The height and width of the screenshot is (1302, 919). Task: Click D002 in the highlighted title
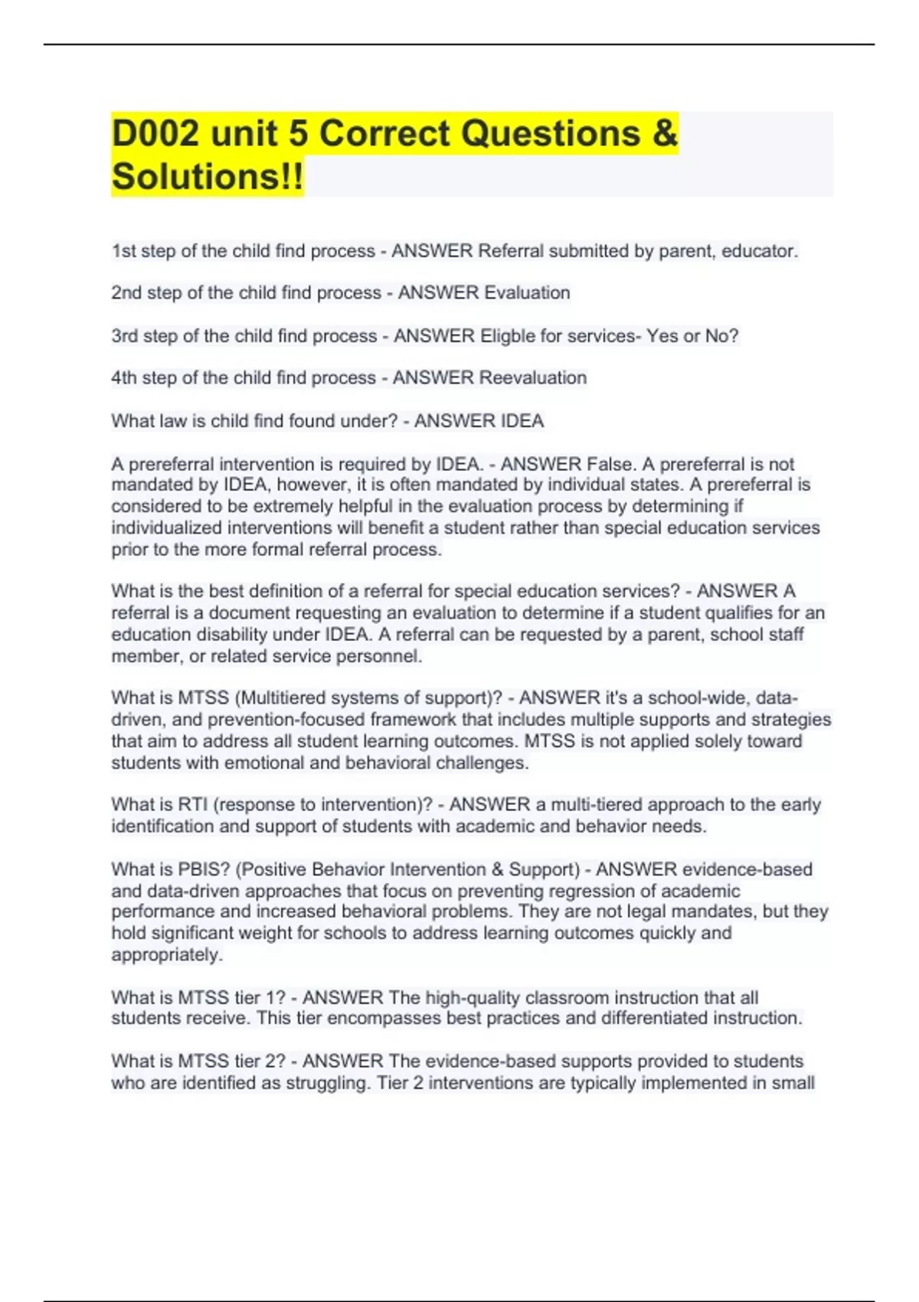point(155,133)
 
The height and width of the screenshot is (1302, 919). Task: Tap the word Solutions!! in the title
point(207,176)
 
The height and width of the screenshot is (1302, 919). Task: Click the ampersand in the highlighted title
point(666,133)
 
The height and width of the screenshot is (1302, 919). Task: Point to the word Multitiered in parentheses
point(283,698)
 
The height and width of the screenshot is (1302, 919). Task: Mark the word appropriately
point(166,955)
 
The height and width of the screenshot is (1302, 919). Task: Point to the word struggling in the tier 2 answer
point(327,1083)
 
